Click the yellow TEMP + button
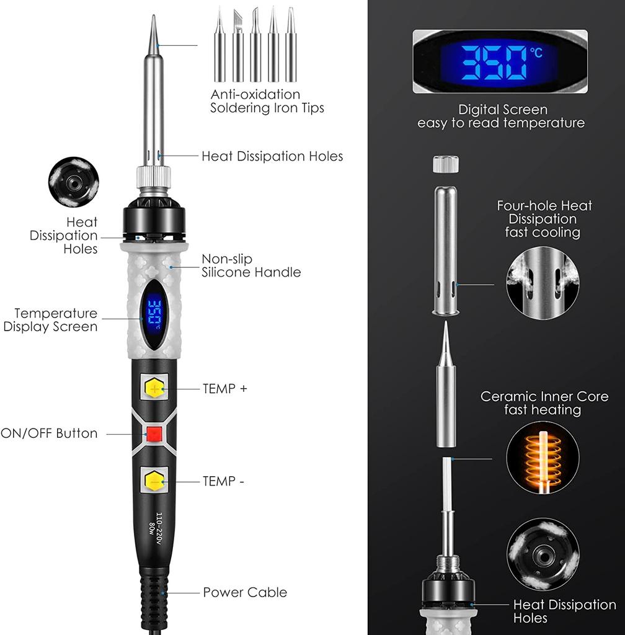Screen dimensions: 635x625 point(154,389)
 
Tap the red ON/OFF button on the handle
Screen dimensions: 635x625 point(154,433)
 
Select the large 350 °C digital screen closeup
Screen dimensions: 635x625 point(500,61)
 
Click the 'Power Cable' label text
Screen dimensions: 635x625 point(245,592)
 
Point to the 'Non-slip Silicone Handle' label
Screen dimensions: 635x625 point(251,265)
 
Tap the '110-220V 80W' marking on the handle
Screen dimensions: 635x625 point(156,528)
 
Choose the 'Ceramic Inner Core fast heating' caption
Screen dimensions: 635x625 point(544,403)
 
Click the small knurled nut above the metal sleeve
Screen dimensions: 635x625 point(445,164)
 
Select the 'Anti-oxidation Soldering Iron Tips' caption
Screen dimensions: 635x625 point(267,101)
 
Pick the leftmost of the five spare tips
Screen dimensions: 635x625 point(219,47)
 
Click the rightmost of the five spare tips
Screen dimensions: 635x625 point(291,47)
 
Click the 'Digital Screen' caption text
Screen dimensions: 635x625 point(502,110)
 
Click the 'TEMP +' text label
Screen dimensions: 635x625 point(224,389)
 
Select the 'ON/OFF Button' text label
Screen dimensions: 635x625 point(50,433)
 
